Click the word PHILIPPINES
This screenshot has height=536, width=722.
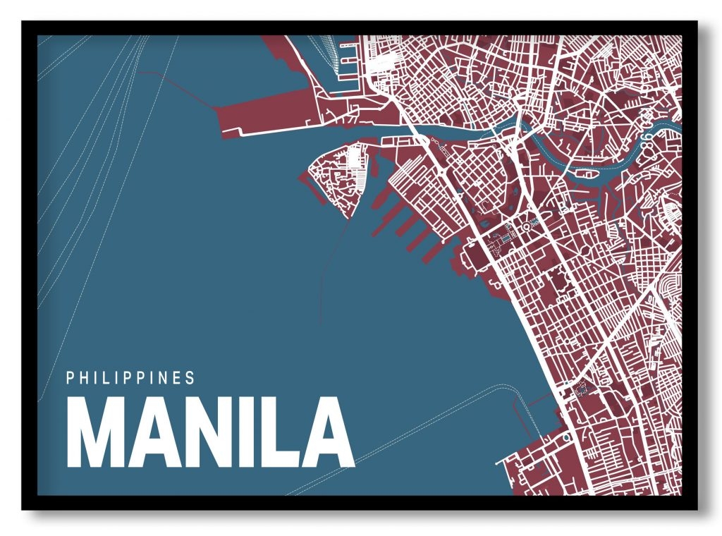coord(130,378)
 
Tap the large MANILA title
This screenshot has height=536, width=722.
coord(210,432)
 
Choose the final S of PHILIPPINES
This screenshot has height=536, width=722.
coord(190,378)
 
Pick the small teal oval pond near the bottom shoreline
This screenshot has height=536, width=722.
coord(565,437)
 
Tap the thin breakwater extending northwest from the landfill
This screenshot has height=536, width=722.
coord(180,88)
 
